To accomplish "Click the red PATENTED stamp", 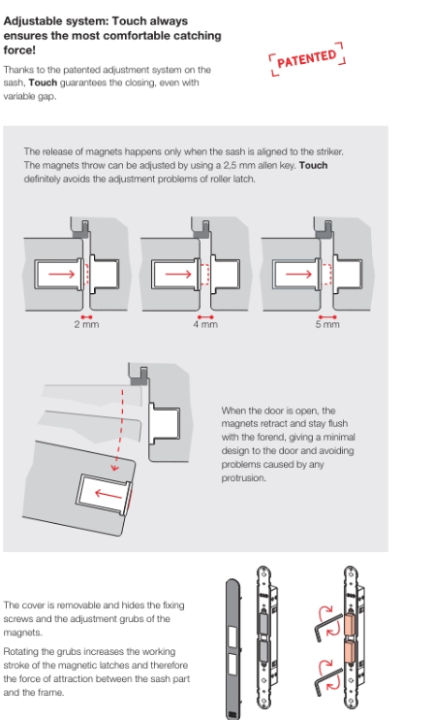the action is [x=306, y=59].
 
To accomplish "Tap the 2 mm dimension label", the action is [x=86, y=324].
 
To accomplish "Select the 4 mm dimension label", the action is [x=205, y=324].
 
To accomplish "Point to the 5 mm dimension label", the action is [x=327, y=324].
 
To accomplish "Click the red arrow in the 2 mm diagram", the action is [x=61, y=275].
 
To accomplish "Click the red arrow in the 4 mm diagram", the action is [x=178, y=275].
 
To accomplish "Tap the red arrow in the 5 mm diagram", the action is [x=298, y=275].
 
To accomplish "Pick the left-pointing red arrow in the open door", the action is [x=108, y=494].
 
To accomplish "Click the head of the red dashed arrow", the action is [x=114, y=468].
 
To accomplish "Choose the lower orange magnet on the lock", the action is [x=351, y=653].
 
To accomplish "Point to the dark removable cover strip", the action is [x=232, y=648].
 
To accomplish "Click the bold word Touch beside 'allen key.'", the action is [x=313, y=165].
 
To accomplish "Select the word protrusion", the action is [x=243, y=478].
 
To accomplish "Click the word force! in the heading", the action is [x=19, y=50].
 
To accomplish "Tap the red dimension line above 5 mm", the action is [x=327, y=317].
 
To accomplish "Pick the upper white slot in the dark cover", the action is [x=232, y=636].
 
